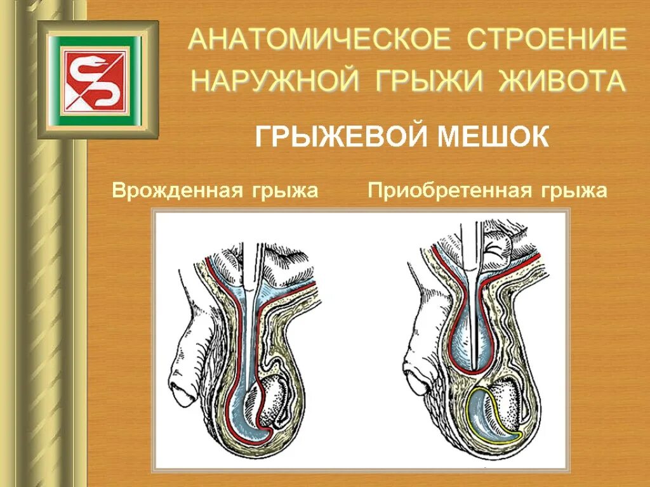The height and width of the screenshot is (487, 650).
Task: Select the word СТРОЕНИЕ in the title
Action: pos(547,40)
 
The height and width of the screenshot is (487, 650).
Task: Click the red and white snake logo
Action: pos(96,79)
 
